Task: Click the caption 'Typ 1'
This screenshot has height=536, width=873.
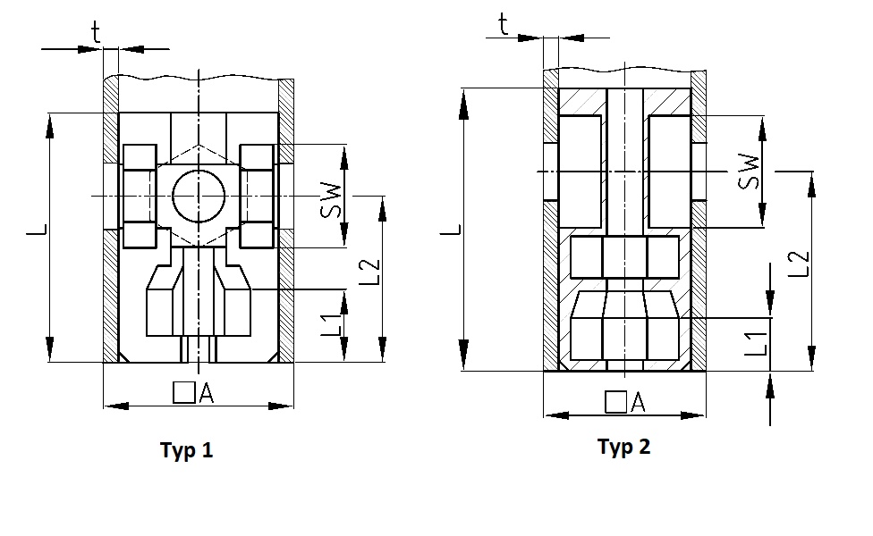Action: click(x=186, y=450)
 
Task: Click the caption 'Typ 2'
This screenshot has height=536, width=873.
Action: click(x=623, y=447)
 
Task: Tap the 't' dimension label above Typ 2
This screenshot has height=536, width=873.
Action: click(x=504, y=24)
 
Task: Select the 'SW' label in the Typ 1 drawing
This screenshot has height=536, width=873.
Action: click(x=331, y=199)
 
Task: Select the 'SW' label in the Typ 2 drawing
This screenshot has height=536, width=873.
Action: click(x=750, y=172)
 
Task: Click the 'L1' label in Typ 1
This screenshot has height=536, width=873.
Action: click(x=331, y=323)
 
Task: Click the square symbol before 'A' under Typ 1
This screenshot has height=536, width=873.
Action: click(x=184, y=392)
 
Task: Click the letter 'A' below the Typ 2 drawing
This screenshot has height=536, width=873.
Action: click(x=637, y=403)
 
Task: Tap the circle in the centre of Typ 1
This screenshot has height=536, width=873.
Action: click(x=196, y=196)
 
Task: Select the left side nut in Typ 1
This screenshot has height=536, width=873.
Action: click(x=140, y=196)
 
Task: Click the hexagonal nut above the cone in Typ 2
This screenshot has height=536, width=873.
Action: click(x=623, y=257)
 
